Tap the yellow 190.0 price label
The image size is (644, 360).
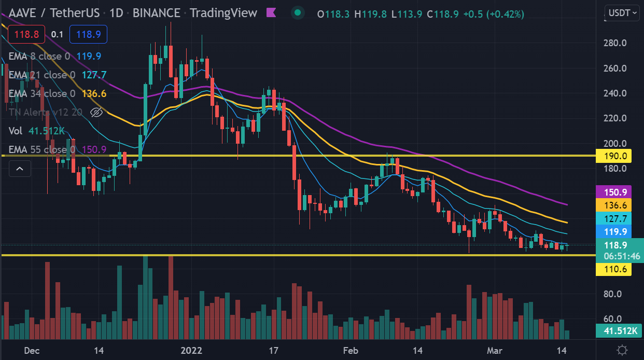pos(613,156)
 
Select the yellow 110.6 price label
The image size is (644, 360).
pos(613,269)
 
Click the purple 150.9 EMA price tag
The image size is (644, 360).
pos(613,191)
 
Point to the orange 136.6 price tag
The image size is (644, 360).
pos(613,205)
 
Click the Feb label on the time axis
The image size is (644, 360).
pos(351,350)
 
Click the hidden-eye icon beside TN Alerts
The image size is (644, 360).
pos(96,112)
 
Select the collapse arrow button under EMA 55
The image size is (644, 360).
pos(20,168)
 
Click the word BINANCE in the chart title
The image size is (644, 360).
pos(157,13)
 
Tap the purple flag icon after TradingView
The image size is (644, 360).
pos(271,12)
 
